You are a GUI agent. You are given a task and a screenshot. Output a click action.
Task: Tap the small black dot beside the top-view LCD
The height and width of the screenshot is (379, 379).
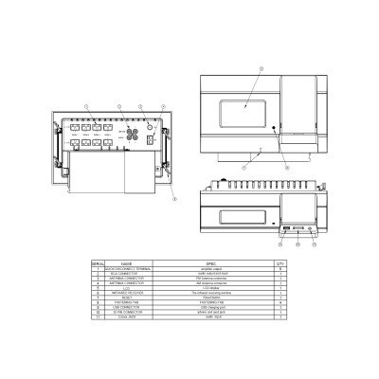(274, 126)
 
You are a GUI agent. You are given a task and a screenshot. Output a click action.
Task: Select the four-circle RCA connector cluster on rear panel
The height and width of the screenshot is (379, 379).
(130, 135)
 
